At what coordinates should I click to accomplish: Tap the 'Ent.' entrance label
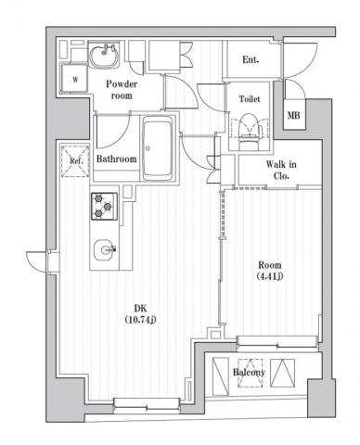(x=251, y=61)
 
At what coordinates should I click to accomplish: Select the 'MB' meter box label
(x=293, y=116)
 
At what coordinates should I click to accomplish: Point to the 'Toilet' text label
(x=249, y=98)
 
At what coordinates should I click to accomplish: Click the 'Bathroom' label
(x=118, y=159)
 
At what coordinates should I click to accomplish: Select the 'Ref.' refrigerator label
(x=75, y=161)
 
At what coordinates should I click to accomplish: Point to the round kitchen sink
(x=106, y=248)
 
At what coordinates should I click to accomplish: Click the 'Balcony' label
(x=249, y=373)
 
